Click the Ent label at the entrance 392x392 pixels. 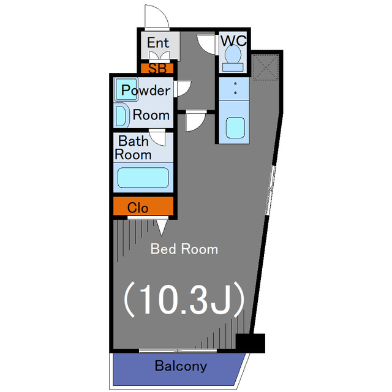[158, 43]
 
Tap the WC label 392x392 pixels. [233, 40]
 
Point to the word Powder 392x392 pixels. [145, 91]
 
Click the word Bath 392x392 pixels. [133, 141]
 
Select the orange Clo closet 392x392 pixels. [143, 208]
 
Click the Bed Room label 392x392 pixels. [184, 249]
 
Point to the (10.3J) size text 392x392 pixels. [184, 299]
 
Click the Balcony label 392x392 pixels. [181, 367]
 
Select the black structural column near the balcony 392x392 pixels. [251, 343]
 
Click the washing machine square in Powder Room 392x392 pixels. [127, 90]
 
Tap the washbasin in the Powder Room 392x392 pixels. [121, 115]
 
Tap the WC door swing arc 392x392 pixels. [206, 44]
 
